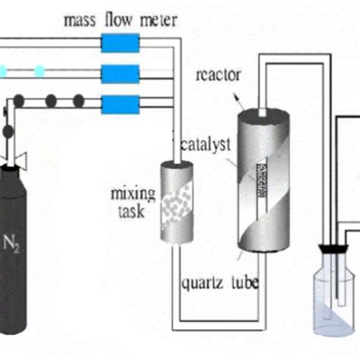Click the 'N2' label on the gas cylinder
click(13, 244)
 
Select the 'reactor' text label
click(216, 75)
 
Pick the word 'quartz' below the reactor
click(202, 283)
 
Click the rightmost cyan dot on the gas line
click(39, 71)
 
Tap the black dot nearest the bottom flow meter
click(78, 100)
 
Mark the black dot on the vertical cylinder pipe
click(8, 131)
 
